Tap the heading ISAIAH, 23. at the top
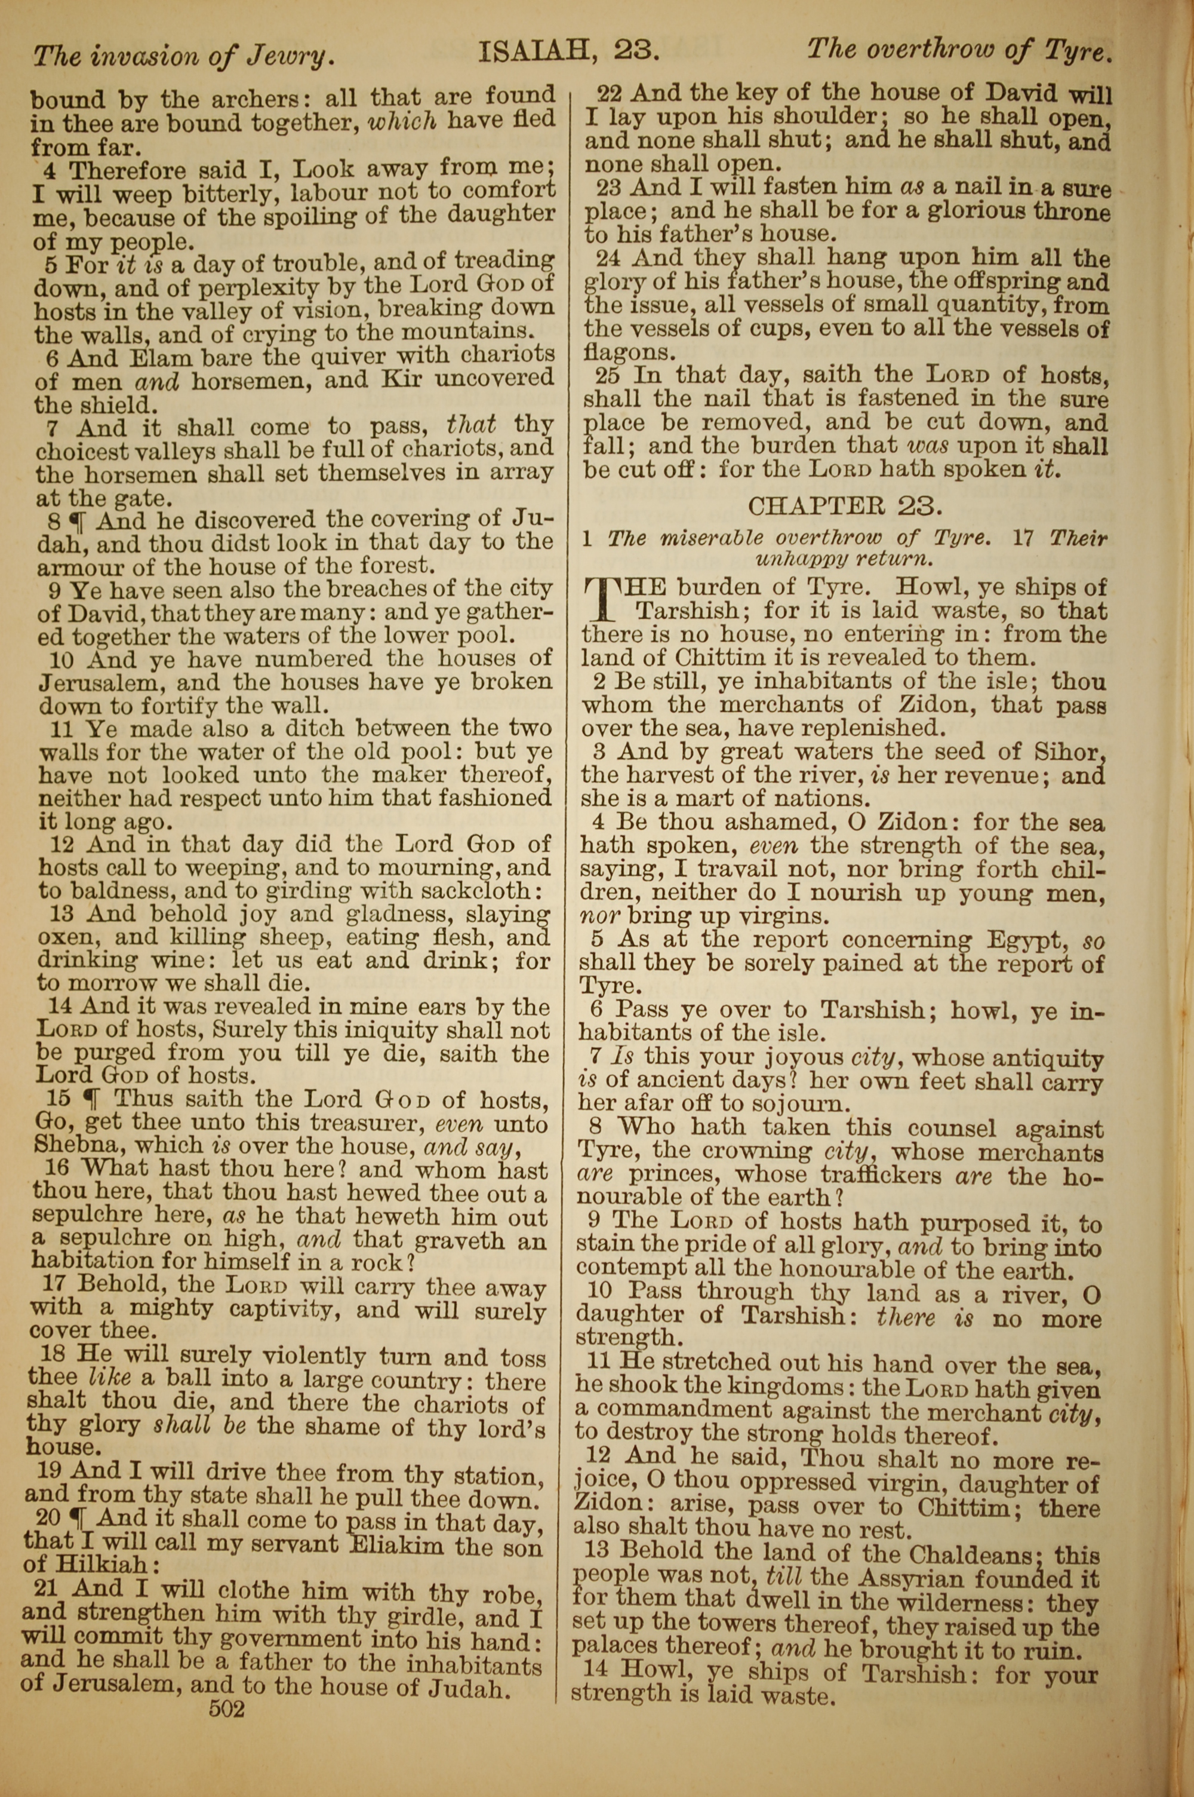[567, 52]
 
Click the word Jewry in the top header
[293, 56]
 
